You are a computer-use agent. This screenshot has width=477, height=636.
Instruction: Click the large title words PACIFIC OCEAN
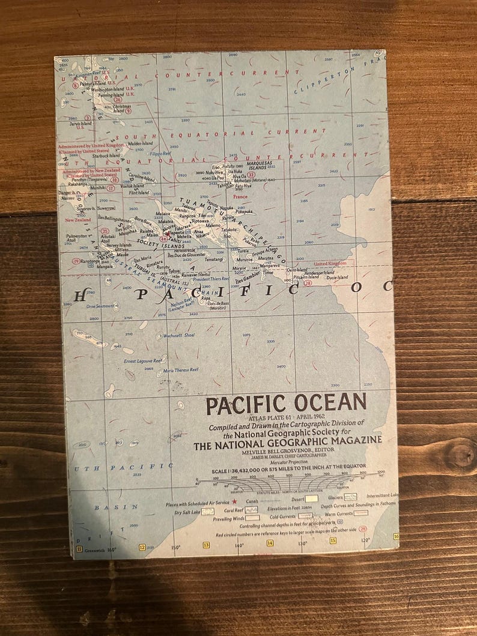[x=286, y=404]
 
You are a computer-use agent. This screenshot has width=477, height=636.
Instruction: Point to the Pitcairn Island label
[x=306, y=277]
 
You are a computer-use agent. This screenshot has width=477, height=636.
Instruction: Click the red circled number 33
[x=251, y=175]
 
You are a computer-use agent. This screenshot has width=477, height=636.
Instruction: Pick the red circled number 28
[x=308, y=283]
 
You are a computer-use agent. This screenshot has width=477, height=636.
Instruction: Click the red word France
[x=240, y=196]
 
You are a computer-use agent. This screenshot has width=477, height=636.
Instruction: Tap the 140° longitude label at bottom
[x=239, y=545]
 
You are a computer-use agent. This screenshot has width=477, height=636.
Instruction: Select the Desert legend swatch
[x=311, y=498]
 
